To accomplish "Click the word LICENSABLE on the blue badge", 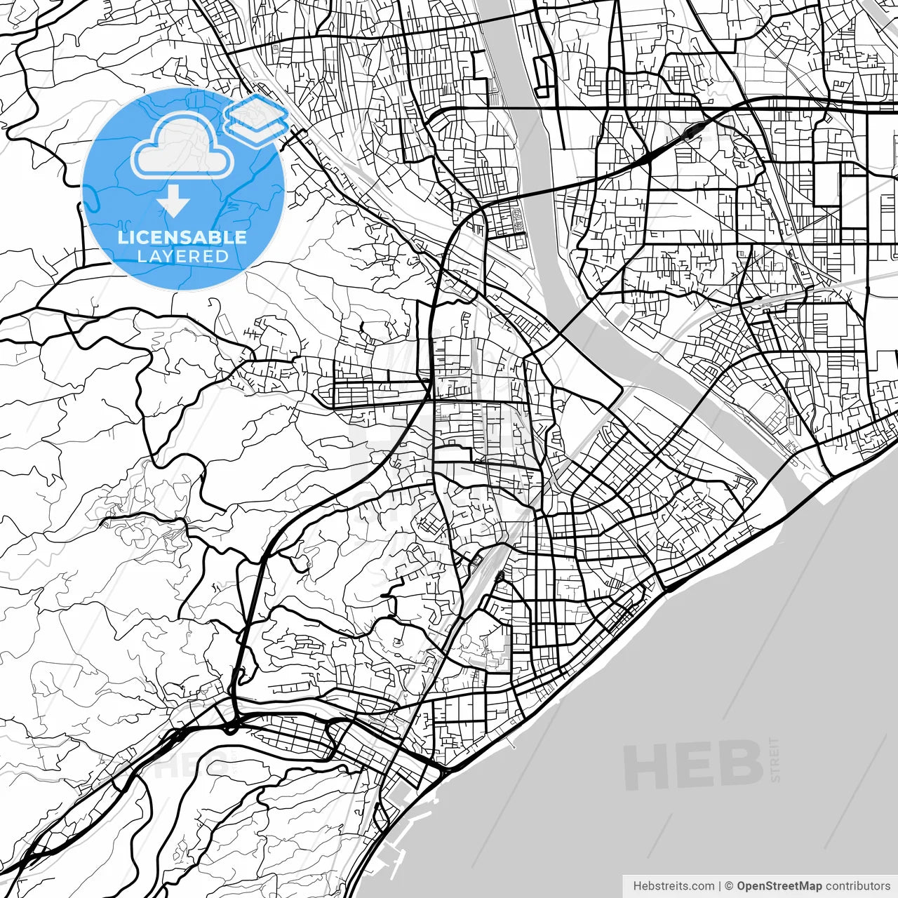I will tap(182, 237).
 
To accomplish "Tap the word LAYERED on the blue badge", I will tap(182, 256).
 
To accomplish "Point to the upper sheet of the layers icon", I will tap(257, 110).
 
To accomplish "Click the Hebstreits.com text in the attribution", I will tap(673, 886).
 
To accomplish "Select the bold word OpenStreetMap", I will tap(779, 886).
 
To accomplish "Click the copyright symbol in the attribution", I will tap(729, 886).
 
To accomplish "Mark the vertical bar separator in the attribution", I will tap(720, 886).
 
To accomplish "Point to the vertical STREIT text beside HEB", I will tap(775, 759).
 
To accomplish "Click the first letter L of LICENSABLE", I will tap(122, 237).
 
